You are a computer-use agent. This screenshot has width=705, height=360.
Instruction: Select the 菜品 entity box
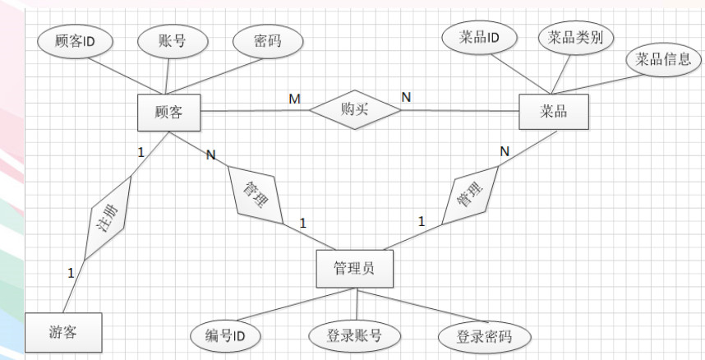click(x=552, y=112)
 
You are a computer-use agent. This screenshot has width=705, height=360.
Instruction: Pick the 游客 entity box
click(x=62, y=335)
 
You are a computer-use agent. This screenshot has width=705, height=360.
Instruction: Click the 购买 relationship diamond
click(x=354, y=110)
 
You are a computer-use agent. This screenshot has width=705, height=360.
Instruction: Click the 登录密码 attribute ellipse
click(x=482, y=336)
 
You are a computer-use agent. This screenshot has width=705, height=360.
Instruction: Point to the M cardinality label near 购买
click(x=293, y=99)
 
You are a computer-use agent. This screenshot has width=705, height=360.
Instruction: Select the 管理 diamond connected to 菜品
click(x=468, y=196)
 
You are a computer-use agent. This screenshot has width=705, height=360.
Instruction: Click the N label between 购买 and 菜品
click(x=406, y=97)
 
